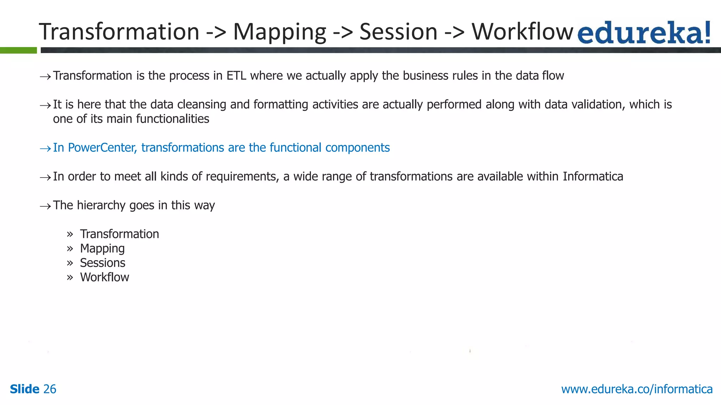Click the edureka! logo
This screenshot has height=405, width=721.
(x=644, y=33)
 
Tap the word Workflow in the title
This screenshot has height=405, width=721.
(x=522, y=32)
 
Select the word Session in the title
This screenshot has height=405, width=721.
(x=398, y=32)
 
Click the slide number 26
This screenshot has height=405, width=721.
(x=50, y=389)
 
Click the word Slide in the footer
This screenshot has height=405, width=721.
(x=24, y=389)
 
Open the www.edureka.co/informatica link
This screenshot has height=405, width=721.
(x=637, y=389)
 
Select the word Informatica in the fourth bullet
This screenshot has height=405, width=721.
(x=593, y=176)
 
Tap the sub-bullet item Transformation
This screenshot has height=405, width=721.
(x=119, y=234)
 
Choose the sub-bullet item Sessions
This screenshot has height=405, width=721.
(x=102, y=263)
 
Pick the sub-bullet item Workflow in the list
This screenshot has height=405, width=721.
(x=104, y=277)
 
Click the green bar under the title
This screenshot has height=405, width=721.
(x=18, y=50)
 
